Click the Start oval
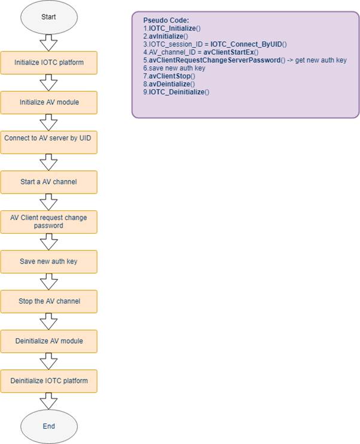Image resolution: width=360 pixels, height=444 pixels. point(49,17)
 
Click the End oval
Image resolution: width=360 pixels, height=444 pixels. point(49,427)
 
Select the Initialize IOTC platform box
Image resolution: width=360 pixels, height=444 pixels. point(49,63)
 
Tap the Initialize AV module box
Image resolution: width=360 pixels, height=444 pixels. point(49,103)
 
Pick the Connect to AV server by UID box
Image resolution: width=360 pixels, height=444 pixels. point(49,142)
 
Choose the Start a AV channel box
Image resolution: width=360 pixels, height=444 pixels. point(49,182)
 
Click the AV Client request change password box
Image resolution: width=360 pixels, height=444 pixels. point(49,222)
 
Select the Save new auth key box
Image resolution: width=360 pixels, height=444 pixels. point(49,262)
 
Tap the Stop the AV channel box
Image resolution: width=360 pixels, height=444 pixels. point(49,302)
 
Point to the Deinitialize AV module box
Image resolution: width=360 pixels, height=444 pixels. point(49,341)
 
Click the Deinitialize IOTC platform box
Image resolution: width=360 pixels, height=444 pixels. point(49,381)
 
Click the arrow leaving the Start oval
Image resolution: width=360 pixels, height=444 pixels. point(49,43)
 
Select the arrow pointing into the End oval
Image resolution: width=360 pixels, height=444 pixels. point(49,401)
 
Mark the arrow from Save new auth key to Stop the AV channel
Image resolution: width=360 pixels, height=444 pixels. point(49,281)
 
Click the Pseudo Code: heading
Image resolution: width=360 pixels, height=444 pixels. point(166,20)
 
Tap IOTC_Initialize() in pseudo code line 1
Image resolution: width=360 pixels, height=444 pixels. point(175,28)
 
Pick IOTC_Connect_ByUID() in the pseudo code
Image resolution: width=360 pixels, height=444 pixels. point(249,44)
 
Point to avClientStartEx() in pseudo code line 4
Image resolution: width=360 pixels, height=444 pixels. point(231,52)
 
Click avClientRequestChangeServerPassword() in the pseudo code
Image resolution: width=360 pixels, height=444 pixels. point(217,60)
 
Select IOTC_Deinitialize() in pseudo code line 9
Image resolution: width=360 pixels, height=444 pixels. point(179,92)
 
